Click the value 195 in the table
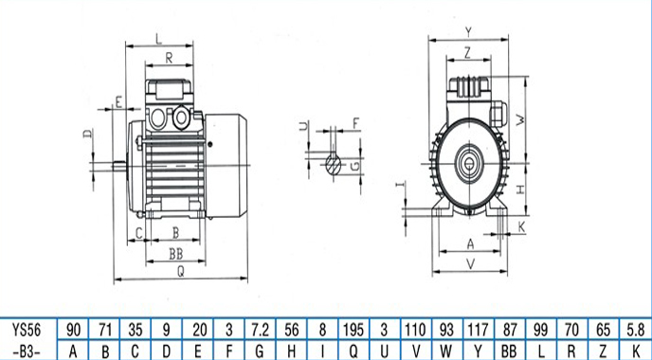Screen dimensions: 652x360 [x=353, y=331]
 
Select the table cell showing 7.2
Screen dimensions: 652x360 [x=260, y=331]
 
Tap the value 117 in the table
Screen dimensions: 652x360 [x=479, y=331]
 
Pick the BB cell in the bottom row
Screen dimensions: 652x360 [x=509, y=351]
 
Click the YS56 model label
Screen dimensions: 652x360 [x=27, y=331]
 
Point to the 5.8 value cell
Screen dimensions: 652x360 [x=635, y=331]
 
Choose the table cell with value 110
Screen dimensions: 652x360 [x=415, y=331]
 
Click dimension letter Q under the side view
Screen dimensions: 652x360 [x=180, y=272]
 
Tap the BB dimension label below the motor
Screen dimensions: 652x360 [x=176, y=254]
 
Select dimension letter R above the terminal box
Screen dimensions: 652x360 [x=169, y=58]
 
